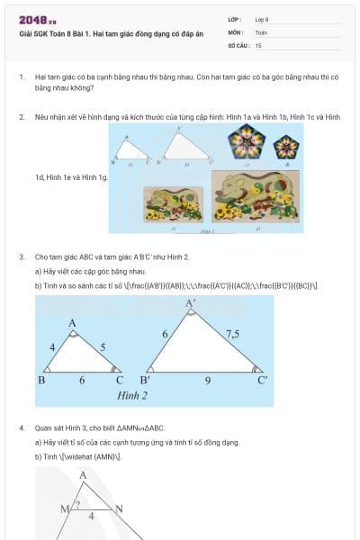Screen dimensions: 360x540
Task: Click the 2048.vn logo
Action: (37, 20)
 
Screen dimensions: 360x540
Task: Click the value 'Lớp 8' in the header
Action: (262, 18)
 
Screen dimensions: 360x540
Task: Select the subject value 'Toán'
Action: (261, 31)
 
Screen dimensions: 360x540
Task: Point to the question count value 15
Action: (258, 44)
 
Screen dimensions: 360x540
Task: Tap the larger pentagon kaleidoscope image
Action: (246, 142)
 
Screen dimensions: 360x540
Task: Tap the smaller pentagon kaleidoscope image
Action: (285, 145)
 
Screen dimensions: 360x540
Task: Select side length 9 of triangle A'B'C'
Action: (208, 381)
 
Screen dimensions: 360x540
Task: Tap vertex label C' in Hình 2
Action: (262, 381)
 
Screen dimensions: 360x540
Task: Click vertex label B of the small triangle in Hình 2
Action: (41, 381)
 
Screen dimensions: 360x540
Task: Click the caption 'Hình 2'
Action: (132, 396)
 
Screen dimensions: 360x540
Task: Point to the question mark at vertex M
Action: (76, 505)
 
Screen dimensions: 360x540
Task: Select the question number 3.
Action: (22, 256)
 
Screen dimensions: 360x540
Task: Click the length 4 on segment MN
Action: (91, 517)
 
